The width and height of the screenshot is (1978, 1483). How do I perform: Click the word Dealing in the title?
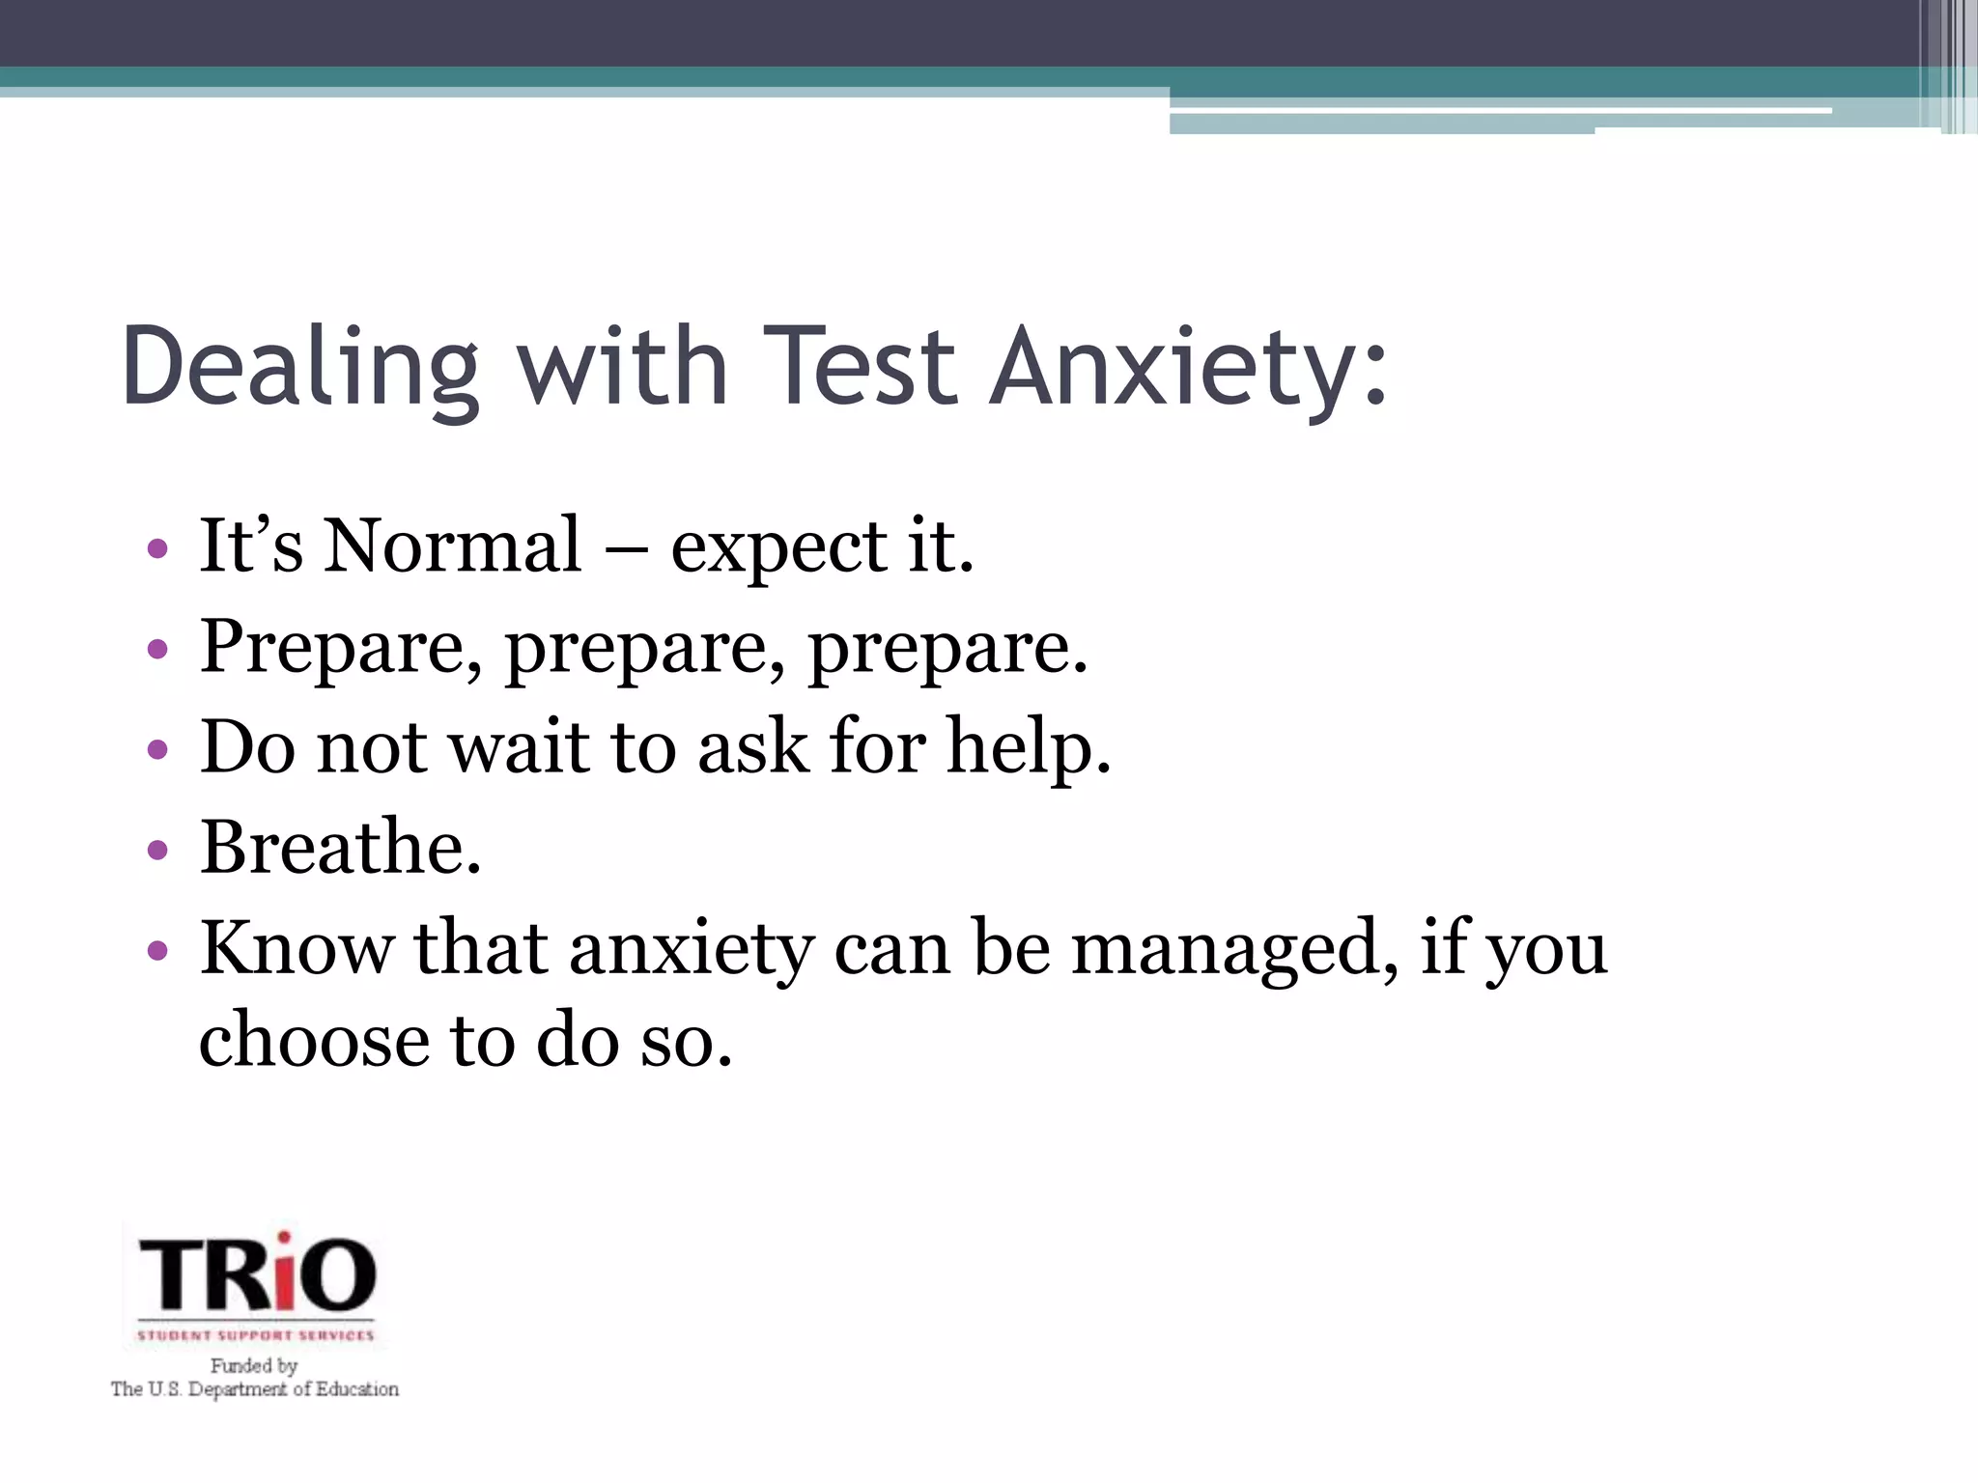click(x=299, y=368)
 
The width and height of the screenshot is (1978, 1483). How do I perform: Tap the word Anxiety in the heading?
click(x=1189, y=368)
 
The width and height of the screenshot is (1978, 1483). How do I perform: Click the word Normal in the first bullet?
click(x=452, y=546)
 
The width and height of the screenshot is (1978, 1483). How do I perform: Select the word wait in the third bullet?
click(x=520, y=747)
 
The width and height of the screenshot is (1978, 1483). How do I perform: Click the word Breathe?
click(x=340, y=848)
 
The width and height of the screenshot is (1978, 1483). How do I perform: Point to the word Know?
click(x=296, y=947)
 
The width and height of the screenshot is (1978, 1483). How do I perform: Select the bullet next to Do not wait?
click(x=157, y=750)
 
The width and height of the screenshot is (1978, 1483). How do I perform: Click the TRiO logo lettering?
click(x=257, y=1273)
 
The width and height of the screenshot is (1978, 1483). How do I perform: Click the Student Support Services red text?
click(x=255, y=1335)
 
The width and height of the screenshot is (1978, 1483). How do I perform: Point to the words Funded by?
click(x=254, y=1365)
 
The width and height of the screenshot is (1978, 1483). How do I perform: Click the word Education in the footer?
click(x=357, y=1389)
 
